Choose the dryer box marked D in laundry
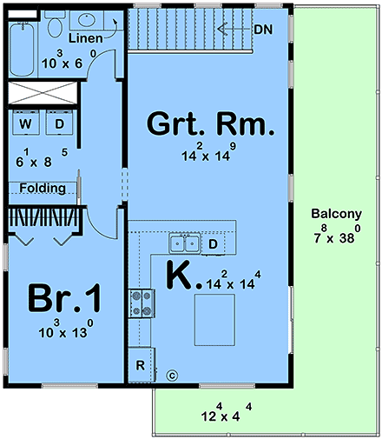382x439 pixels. coord(60,123)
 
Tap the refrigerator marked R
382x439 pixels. coord(140,364)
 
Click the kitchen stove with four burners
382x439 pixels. coord(140,303)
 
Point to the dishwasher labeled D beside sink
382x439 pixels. coord(213,245)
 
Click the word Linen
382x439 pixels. coord(86,39)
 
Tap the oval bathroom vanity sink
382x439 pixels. coord(88,19)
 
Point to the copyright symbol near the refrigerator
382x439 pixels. coord(171,376)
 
